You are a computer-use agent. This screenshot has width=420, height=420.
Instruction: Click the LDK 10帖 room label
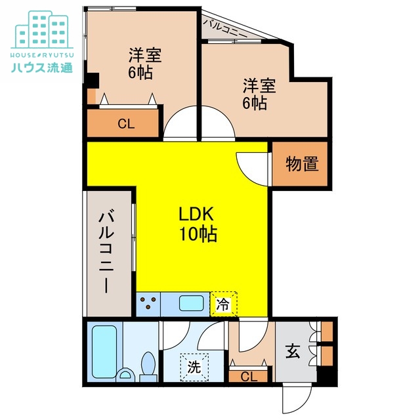tap(198, 224)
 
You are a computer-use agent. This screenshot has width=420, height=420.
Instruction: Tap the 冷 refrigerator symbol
tap(223, 304)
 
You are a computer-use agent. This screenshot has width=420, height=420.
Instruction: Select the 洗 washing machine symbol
tap(194, 367)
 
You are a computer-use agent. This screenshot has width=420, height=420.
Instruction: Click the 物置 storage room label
tap(302, 163)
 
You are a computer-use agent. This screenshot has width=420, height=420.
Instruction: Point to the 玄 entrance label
tap(293, 351)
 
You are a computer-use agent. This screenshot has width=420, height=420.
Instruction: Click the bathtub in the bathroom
tap(104, 352)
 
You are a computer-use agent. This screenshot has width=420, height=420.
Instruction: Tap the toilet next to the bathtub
tap(148, 366)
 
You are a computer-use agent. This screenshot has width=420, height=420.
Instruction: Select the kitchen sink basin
tap(191, 303)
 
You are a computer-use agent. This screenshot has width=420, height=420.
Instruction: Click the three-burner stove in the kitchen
tap(148, 304)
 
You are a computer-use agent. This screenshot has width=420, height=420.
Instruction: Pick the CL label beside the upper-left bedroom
tap(126, 124)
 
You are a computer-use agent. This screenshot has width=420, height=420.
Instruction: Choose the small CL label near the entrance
tap(249, 377)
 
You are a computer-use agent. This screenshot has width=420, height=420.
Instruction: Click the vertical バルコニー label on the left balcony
tap(106, 251)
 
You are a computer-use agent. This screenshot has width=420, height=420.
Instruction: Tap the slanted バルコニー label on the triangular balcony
tap(224, 28)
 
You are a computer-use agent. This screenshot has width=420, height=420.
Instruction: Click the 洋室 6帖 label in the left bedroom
tap(144, 63)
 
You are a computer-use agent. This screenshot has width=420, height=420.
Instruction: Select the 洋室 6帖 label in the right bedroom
tap(259, 94)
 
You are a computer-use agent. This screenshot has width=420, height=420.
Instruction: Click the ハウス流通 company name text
tap(42, 68)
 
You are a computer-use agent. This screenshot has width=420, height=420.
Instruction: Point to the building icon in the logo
tap(42, 30)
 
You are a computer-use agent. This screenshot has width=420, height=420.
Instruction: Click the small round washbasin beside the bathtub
tap(125, 375)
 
